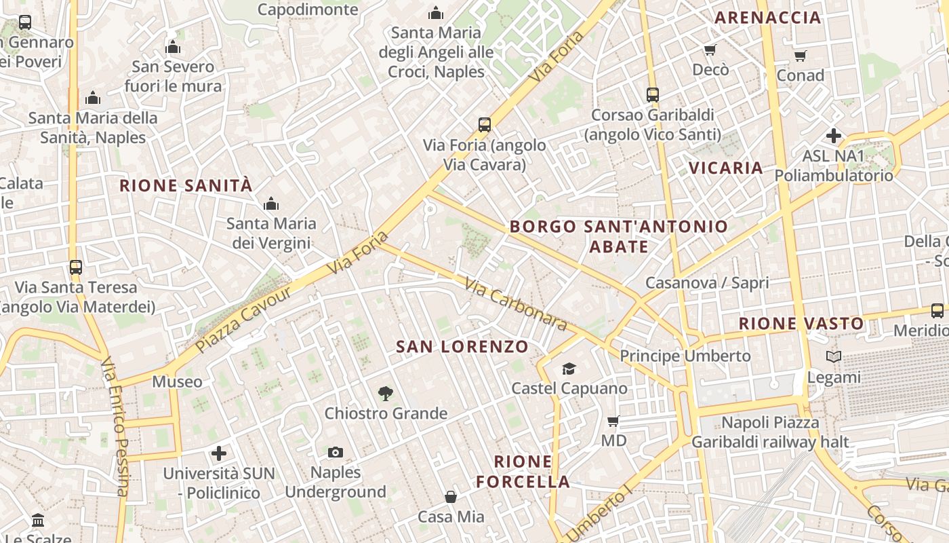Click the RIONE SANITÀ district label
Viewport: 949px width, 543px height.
click(186, 185)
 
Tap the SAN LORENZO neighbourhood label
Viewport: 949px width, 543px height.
click(462, 347)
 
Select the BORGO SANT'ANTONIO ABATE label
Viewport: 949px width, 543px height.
click(618, 236)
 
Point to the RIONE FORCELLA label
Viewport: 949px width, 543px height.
click(523, 472)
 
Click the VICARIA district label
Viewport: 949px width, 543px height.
click(726, 168)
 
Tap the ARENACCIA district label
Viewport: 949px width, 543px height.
click(768, 18)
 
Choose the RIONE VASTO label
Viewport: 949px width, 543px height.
click(801, 323)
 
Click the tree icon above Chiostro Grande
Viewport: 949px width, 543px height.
click(386, 393)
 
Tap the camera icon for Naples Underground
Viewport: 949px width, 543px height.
click(336, 452)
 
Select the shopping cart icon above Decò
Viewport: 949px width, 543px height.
click(710, 50)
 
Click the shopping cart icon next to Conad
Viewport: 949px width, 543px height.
click(801, 56)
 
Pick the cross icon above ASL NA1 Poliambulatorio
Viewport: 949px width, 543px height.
click(833, 136)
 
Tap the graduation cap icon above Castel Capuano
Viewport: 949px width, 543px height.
click(569, 369)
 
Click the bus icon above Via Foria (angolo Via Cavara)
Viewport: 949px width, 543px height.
click(484, 125)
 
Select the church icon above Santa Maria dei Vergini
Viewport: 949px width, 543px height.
click(271, 204)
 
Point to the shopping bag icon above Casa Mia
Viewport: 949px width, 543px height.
click(451, 497)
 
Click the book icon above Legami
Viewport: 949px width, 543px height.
click(834, 356)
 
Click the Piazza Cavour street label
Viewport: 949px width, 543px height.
click(243, 319)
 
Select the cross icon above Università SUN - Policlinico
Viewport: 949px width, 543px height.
click(218, 453)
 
